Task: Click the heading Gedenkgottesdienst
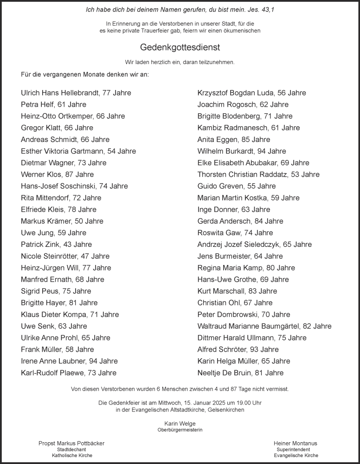[180, 47]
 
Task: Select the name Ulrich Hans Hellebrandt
[60, 93]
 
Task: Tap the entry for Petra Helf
[53, 104]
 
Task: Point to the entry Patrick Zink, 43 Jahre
[57, 245]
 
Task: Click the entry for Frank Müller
[58, 349]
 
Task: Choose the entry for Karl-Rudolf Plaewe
[69, 373]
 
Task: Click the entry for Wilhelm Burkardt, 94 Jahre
[242, 151]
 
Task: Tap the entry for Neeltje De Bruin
[240, 373]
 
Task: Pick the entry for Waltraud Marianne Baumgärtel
[264, 326]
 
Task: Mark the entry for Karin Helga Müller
[244, 361]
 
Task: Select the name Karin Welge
[180, 424]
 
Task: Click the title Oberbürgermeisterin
[180, 430]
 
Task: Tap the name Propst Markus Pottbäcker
[71, 444]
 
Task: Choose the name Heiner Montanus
[296, 444]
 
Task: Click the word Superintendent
[293, 450]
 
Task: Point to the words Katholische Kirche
[72, 456]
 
